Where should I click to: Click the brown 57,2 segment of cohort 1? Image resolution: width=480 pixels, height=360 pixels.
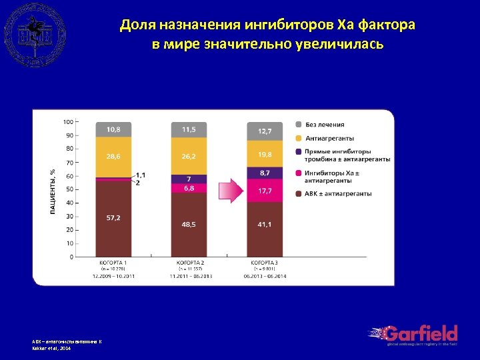[113, 218]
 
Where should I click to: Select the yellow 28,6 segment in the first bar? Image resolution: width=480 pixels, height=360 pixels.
[113, 157]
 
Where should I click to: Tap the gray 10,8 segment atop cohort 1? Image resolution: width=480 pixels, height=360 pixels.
[113, 129]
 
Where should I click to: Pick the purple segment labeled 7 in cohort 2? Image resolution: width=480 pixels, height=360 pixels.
[189, 179]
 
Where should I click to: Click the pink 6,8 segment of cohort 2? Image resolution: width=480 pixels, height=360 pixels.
[189, 188]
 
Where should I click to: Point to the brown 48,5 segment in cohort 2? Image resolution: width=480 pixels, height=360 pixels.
[189, 225]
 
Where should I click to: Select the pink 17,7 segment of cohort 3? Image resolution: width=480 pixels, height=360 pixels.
[265, 191]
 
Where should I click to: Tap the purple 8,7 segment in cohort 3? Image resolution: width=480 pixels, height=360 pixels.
[265, 173]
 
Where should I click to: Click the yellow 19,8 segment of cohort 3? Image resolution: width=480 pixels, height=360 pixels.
[265, 154]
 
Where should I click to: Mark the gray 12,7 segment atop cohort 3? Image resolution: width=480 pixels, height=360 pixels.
[265, 131]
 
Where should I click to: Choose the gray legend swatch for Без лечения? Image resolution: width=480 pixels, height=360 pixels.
[298, 125]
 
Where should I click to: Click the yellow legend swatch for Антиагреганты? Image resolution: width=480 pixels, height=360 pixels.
[298, 139]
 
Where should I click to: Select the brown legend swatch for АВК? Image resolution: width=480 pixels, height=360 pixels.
[298, 193]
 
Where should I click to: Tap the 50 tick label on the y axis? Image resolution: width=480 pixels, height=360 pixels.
[70, 189]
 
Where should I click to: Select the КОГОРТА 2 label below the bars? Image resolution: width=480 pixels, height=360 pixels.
[189, 263]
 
